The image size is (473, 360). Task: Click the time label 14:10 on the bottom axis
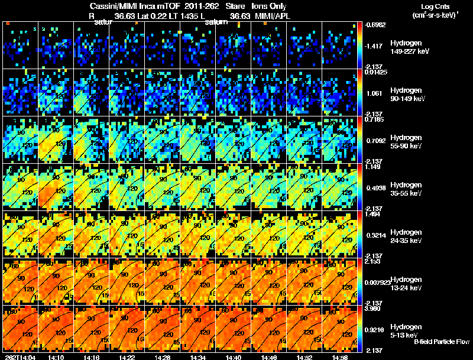[56, 357]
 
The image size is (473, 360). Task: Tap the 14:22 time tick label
[127, 357]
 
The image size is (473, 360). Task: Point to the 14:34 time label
[198, 357]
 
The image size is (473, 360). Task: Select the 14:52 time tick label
[304, 357]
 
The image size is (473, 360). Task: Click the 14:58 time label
[340, 357]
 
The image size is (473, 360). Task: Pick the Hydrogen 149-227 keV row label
[409, 48]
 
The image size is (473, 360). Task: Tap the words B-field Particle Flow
[441, 342]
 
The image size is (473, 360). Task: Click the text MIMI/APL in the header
[274, 16]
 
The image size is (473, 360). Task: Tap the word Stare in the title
[232, 6]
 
